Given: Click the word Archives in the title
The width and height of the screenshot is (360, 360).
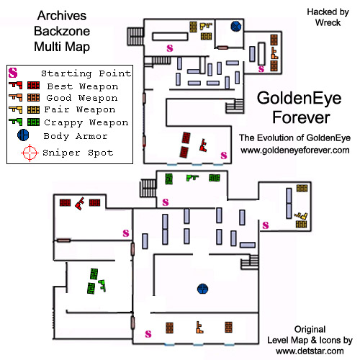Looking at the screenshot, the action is pyautogui.click(x=62, y=16).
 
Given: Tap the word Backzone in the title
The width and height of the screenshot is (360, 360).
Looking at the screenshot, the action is pyautogui.click(x=62, y=31).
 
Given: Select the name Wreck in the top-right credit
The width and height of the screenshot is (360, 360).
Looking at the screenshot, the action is pyautogui.click(x=328, y=23).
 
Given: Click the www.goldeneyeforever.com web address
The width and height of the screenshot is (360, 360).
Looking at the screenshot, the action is pyautogui.click(x=295, y=150).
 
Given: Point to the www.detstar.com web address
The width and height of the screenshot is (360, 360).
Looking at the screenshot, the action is pyautogui.click(x=310, y=351).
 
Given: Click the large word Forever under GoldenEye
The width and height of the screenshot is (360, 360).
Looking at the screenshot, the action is pyautogui.click(x=301, y=117).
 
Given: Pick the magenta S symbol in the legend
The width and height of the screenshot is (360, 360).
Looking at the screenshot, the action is pyautogui.click(x=13, y=73).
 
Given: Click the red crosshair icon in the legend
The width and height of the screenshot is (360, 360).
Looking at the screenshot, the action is pyautogui.click(x=30, y=153).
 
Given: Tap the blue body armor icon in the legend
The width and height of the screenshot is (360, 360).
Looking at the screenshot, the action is pyautogui.click(x=23, y=135).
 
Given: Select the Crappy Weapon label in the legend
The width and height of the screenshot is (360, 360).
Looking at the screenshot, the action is pyautogui.click(x=86, y=122).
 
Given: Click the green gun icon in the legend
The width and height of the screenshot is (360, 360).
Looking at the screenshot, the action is pyautogui.click(x=16, y=122).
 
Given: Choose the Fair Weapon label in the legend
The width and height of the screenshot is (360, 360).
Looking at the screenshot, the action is pyautogui.click(x=80, y=109).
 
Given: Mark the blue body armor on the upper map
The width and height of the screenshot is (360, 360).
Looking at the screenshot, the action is pyautogui.click(x=236, y=27).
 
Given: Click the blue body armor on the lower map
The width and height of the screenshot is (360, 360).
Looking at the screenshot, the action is pyautogui.click(x=203, y=289).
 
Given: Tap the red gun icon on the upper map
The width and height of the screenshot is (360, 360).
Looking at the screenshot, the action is pyautogui.click(x=203, y=145).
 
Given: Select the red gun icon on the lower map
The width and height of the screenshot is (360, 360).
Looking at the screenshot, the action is pyautogui.click(x=80, y=203).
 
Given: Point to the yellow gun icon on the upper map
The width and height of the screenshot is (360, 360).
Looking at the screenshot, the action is pyautogui.click(x=206, y=26).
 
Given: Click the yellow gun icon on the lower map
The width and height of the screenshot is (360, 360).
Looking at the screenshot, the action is pyautogui.click(x=301, y=216).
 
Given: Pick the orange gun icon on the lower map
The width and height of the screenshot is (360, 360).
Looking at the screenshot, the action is pyautogui.click(x=199, y=328).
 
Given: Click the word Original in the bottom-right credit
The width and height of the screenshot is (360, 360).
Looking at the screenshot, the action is pyautogui.click(x=310, y=329).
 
